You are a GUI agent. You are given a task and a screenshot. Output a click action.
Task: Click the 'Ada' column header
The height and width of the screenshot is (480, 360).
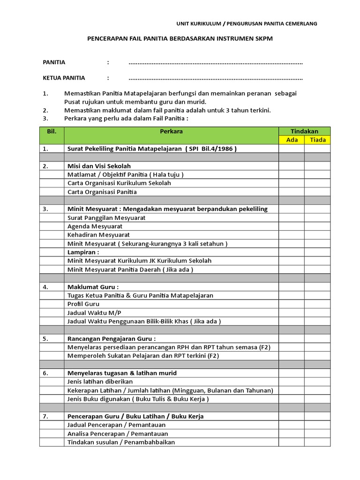(292, 140)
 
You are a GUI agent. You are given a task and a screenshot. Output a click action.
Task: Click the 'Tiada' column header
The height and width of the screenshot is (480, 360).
(317, 140)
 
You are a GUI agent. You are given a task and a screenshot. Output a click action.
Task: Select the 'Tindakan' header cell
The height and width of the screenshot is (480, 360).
(304, 131)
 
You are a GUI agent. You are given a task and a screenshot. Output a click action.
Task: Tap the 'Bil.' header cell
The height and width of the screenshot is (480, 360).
(52, 131)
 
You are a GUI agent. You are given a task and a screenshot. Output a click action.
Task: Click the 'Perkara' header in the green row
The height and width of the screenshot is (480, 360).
(171, 131)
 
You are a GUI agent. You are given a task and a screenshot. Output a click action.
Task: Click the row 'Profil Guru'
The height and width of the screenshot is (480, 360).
(83, 304)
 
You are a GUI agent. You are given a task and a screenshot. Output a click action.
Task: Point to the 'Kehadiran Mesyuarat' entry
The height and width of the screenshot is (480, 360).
(98, 234)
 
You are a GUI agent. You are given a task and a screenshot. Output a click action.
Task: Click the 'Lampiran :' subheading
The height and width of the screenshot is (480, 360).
(83, 252)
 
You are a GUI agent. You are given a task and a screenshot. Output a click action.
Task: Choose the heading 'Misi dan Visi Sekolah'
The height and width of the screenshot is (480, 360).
(99, 166)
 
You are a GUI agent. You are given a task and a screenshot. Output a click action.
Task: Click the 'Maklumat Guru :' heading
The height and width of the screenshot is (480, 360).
(93, 286)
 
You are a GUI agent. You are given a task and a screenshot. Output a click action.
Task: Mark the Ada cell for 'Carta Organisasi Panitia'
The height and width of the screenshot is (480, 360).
(292, 192)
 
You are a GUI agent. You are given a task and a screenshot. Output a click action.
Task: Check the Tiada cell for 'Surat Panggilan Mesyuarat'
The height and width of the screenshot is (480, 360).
(317, 217)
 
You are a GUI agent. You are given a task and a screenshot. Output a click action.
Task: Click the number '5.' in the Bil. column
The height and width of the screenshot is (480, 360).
(45, 338)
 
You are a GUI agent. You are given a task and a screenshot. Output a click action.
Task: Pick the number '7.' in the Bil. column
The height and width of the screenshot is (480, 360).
(45, 416)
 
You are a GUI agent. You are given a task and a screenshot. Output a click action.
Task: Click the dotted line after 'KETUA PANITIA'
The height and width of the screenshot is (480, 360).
(216, 78)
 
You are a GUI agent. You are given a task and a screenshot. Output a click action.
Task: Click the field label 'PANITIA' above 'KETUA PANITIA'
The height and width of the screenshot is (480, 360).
(54, 62)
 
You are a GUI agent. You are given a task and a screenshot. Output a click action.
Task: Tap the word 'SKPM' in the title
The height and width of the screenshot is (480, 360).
(262, 39)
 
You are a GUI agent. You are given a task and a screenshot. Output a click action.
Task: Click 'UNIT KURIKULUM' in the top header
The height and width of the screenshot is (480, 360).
(198, 23)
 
